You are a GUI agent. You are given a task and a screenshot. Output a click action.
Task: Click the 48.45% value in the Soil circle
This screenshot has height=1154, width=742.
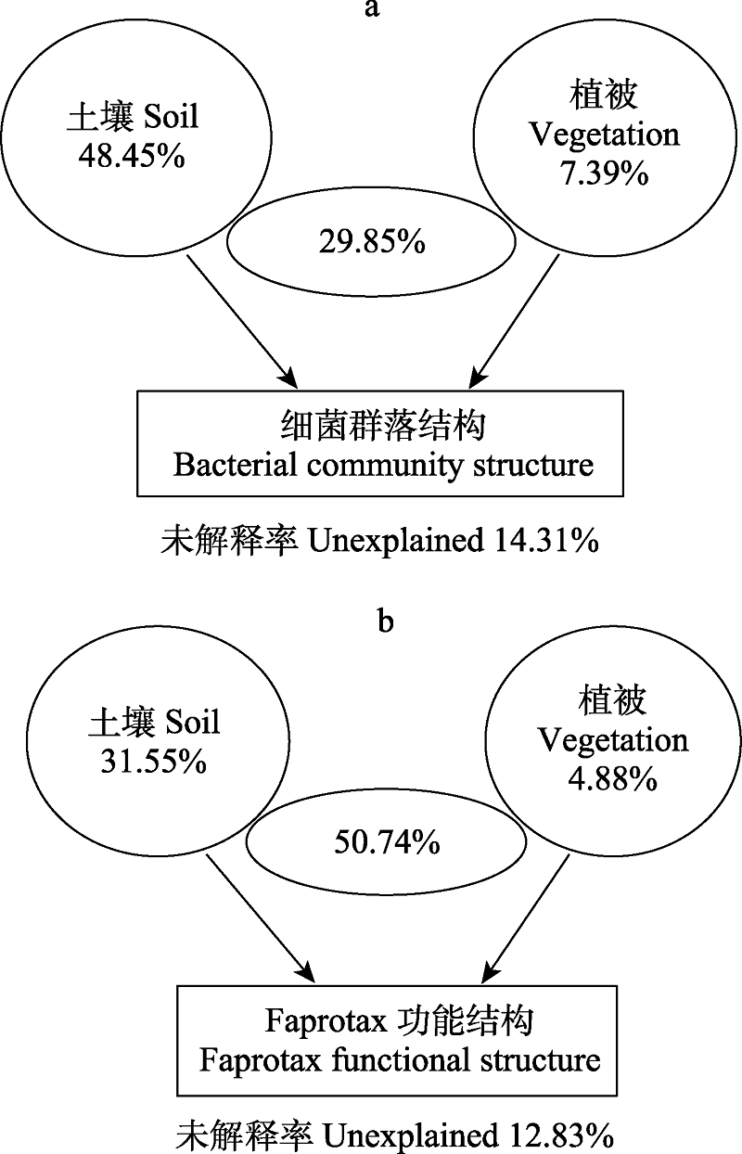click(132, 155)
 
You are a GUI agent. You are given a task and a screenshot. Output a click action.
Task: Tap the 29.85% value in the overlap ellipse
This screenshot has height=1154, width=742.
click(372, 241)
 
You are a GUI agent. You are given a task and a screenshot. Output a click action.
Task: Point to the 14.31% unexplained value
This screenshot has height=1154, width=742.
click(545, 541)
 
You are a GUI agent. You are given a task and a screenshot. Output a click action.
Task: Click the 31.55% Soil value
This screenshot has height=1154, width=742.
click(153, 761)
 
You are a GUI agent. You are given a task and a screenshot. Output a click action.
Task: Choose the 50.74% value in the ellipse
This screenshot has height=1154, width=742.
click(387, 843)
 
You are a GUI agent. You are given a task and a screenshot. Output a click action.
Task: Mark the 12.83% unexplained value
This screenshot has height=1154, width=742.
click(561, 1136)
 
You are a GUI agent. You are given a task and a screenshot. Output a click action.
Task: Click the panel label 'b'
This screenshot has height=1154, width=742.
click(386, 621)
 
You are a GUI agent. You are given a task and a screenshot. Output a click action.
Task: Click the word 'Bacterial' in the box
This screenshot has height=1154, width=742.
click(235, 465)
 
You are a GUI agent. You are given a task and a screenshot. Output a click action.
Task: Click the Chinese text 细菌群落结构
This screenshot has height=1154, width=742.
click(383, 426)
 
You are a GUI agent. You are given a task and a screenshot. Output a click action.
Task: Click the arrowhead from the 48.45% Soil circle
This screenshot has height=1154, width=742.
click(288, 378)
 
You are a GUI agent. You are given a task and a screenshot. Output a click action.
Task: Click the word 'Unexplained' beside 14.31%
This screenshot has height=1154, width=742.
click(396, 543)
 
